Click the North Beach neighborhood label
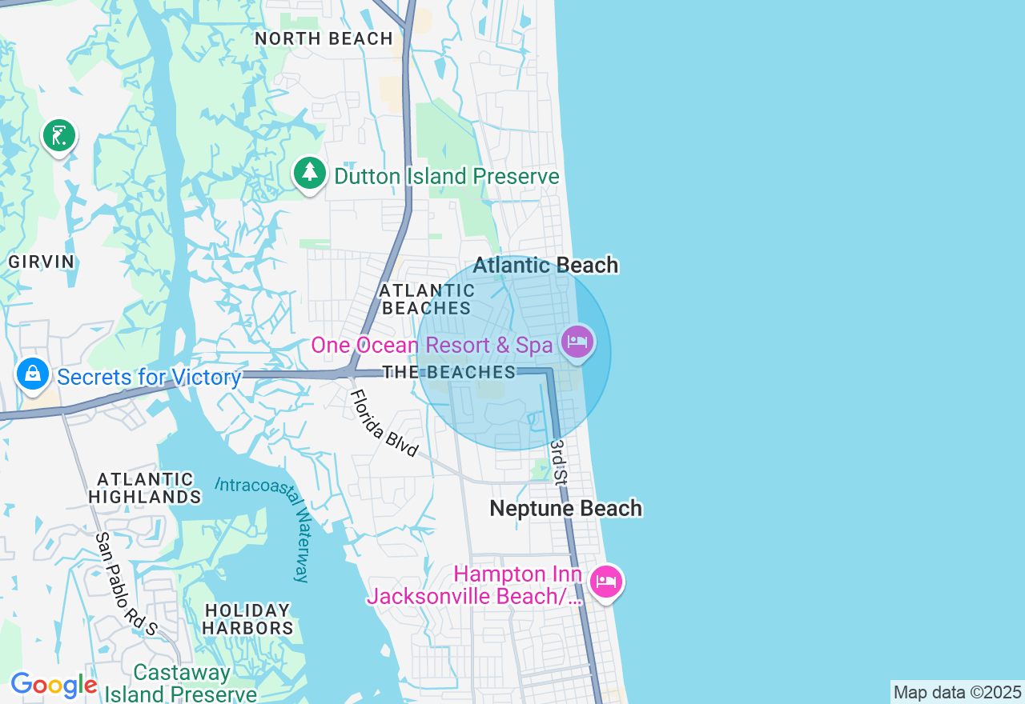[324, 38]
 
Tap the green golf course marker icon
[59, 136]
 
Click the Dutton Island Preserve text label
[446, 176]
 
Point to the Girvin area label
[42, 262]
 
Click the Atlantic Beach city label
[545, 266]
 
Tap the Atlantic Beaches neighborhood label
[427, 299]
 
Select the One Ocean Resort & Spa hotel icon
[577, 342]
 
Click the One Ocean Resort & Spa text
[432, 346]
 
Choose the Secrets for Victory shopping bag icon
[33, 374]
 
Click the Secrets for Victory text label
[149, 378]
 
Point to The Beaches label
[448, 372]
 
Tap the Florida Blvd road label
[384, 423]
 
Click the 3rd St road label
[558, 462]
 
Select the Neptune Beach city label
[565, 509]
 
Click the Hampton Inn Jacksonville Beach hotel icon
[606, 582]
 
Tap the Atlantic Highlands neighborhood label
[145, 488]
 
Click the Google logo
[54, 686]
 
